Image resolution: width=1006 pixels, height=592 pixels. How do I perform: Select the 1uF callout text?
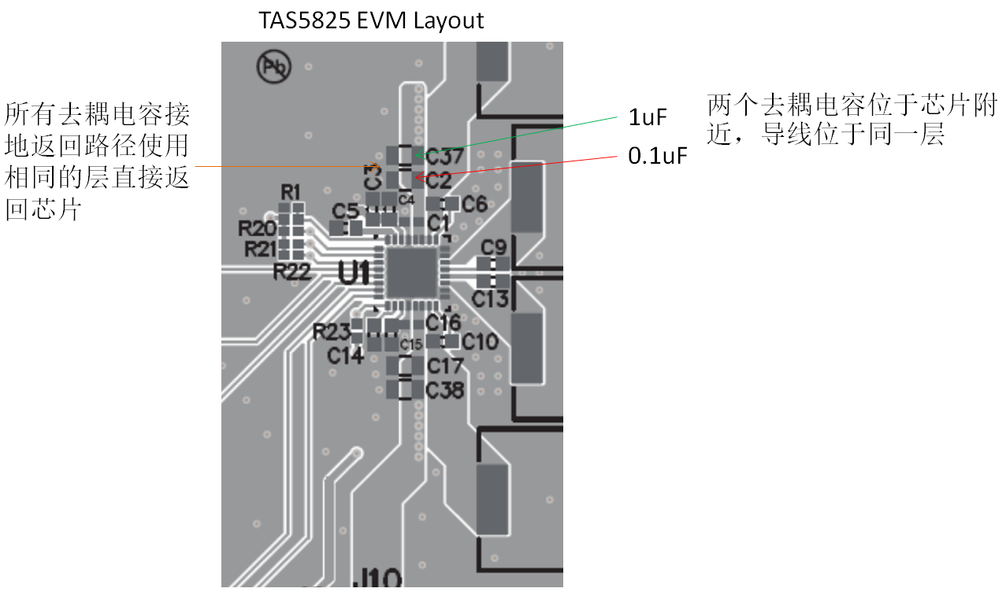[648, 118]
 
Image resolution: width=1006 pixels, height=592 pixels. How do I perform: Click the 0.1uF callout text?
[658, 155]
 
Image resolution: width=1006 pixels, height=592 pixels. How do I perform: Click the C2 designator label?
[439, 180]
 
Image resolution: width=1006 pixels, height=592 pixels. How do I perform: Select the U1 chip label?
[354, 272]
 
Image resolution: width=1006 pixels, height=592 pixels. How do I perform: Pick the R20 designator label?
[258, 229]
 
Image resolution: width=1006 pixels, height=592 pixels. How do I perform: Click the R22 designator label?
[292, 272]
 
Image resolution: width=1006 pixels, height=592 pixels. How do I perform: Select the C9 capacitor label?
[494, 247]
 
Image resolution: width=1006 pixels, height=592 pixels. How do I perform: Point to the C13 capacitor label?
[490, 298]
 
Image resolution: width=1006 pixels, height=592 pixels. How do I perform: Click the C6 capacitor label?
[474, 205]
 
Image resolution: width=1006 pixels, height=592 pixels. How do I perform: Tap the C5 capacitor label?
[345, 211]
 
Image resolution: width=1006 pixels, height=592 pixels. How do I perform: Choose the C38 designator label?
[445, 390]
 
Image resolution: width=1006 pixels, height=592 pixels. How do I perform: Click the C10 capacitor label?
[480, 342]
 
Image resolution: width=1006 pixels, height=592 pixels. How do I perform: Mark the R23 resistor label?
[331, 331]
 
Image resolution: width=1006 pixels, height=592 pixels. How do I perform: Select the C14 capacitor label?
[346, 356]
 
